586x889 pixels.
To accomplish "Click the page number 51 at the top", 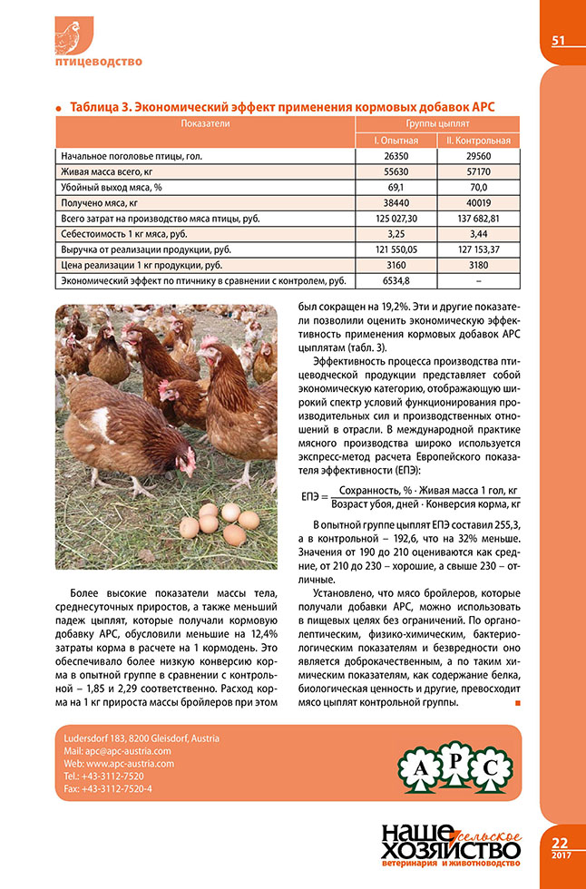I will coord(558,40).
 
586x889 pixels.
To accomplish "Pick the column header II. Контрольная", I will coord(479,141).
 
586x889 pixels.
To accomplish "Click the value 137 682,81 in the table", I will coord(479,219).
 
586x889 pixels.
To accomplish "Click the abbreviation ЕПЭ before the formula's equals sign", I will coord(311,495).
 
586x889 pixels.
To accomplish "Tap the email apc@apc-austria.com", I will coord(121,751).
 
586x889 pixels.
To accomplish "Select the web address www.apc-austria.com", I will coord(122,764).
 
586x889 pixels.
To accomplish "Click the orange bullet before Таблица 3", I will coord(60,107).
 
